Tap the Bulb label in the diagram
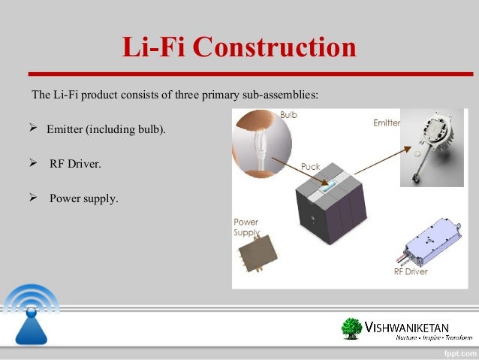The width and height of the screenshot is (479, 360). click(288, 115)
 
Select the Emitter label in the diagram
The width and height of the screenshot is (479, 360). click(386, 122)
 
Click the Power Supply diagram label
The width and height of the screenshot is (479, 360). click(246, 228)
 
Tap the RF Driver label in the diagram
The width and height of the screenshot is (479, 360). click(412, 272)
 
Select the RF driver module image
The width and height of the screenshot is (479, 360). click(432, 242)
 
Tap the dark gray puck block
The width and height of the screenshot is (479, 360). click(327, 209)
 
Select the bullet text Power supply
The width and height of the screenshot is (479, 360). click(84, 199)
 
